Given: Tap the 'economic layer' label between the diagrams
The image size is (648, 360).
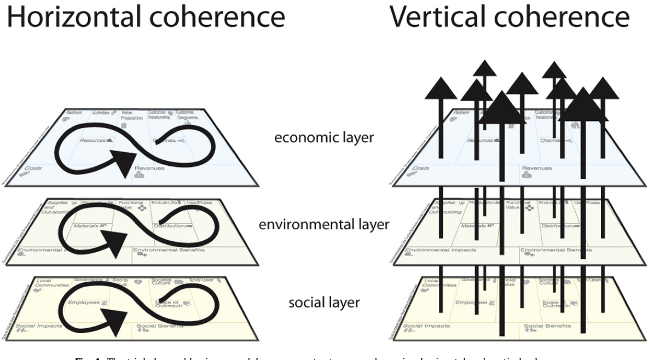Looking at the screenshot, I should (x=324, y=137).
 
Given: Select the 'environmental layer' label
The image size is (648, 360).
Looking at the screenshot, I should (x=325, y=224).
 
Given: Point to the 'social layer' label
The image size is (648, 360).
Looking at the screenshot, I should (x=324, y=302).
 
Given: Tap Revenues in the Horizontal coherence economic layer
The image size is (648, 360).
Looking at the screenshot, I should (x=151, y=169).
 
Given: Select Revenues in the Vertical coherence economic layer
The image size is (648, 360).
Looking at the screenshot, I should (x=537, y=169).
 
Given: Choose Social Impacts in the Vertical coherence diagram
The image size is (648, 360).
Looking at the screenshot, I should (x=426, y=326).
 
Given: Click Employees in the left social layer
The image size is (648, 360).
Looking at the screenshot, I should (x=83, y=302).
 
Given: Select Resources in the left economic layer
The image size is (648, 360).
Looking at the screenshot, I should (x=93, y=140).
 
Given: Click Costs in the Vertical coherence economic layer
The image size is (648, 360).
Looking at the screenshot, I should (x=420, y=169).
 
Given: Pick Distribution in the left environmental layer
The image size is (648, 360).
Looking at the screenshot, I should (x=169, y=225).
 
